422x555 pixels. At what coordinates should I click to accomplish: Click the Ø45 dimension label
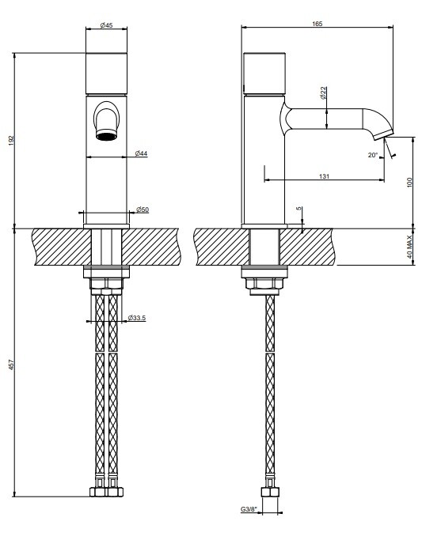(x=106, y=25)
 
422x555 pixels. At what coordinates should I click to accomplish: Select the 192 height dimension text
(x=11, y=140)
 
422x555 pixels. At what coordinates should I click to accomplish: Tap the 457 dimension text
(x=11, y=365)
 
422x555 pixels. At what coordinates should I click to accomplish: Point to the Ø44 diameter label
(x=141, y=153)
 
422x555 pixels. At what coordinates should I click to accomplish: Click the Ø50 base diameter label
(x=143, y=210)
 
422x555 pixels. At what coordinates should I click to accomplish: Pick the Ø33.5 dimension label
(x=137, y=318)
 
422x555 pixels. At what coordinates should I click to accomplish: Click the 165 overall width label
(x=317, y=24)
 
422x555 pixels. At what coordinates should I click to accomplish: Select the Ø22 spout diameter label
(x=323, y=92)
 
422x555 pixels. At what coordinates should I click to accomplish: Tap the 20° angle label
(x=373, y=155)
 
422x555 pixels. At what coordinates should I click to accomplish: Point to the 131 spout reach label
(x=324, y=176)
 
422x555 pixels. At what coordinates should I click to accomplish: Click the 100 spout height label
(x=410, y=183)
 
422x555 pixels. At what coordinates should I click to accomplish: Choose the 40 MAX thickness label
(x=410, y=247)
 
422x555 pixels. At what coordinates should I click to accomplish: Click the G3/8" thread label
(x=249, y=509)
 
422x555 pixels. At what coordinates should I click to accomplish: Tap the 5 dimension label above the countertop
(x=300, y=209)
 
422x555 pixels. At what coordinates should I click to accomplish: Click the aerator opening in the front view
(x=106, y=135)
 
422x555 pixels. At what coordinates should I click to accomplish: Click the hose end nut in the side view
(x=270, y=493)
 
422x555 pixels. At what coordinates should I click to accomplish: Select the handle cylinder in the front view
(x=106, y=74)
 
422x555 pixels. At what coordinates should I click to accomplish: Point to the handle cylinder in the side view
(x=264, y=74)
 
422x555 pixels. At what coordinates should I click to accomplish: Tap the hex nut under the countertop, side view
(x=264, y=284)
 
